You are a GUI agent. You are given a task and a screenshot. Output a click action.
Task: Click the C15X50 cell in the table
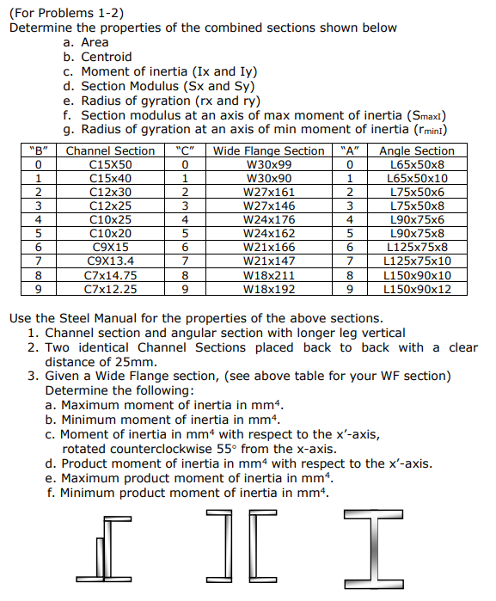[110, 164]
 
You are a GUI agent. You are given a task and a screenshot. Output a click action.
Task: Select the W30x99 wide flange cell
[268, 164]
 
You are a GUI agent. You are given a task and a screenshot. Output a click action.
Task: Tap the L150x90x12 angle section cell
[417, 290]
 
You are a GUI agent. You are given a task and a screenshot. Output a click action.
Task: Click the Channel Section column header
[110, 150]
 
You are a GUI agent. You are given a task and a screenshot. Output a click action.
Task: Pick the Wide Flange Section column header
[268, 150]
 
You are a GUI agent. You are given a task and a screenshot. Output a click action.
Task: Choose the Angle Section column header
[417, 150]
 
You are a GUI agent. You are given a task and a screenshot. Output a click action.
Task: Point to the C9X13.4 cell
[110, 261]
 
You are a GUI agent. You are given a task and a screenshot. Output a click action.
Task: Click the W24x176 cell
[268, 220]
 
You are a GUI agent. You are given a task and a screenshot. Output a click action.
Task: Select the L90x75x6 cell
[417, 220]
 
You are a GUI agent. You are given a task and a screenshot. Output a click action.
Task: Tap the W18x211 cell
[268, 276]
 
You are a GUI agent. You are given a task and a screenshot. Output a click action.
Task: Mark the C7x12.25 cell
[110, 290]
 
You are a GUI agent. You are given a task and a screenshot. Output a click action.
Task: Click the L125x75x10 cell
[417, 261]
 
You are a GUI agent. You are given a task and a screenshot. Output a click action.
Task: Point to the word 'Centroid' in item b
[107, 57]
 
